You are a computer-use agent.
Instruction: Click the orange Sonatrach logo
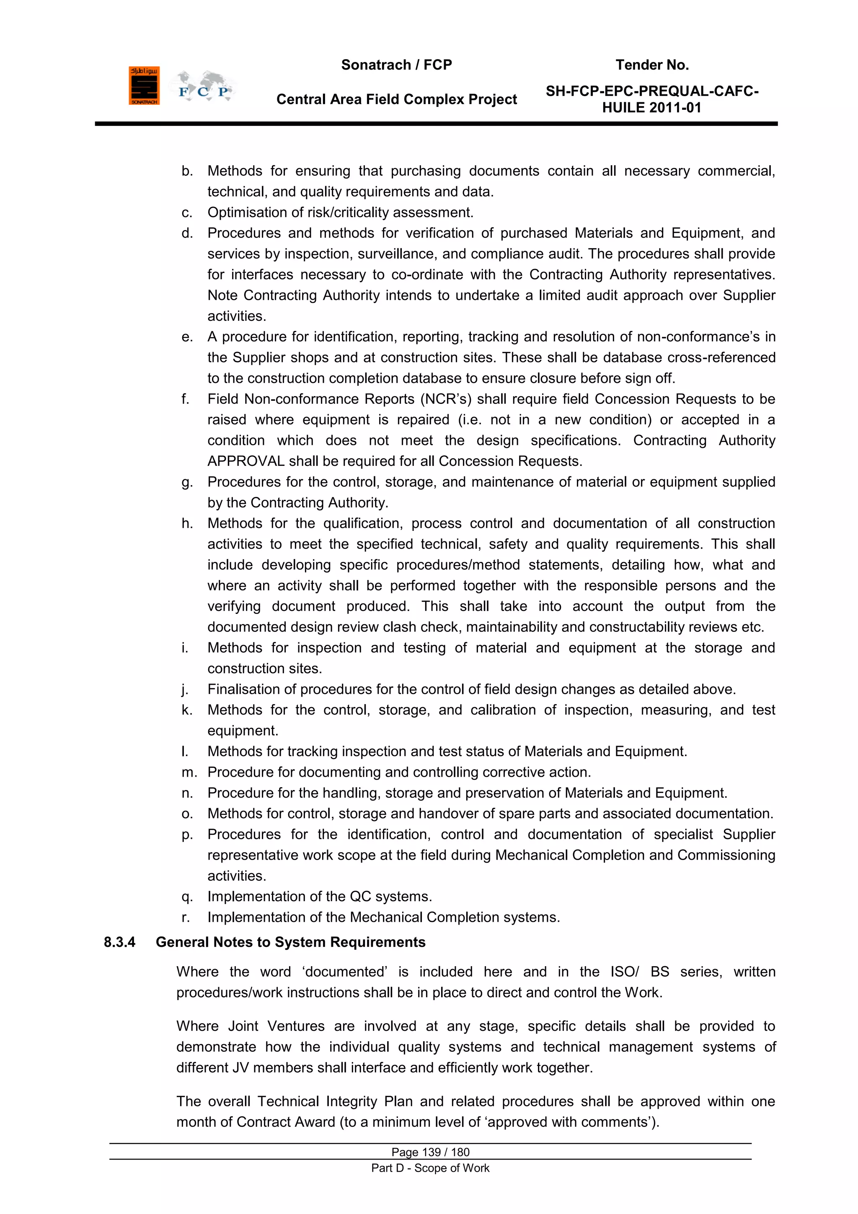coord(144,86)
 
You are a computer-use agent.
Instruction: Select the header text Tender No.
coord(652,65)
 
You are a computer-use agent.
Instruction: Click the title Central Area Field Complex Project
coord(396,99)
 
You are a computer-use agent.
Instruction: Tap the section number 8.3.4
coord(119,942)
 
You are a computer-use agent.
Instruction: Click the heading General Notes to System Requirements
coord(291,942)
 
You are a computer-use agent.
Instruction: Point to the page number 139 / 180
coord(430,1152)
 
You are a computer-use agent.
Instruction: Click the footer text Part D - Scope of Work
coord(430,1168)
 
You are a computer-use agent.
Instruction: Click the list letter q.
coord(186,897)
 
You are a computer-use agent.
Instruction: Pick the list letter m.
coord(189,772)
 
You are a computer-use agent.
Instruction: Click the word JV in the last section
coord(240,1068)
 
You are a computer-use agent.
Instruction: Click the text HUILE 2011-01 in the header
coord(651,108)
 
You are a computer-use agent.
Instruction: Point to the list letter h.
coord(186,523)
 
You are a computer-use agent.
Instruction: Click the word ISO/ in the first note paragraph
coord(625,972)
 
